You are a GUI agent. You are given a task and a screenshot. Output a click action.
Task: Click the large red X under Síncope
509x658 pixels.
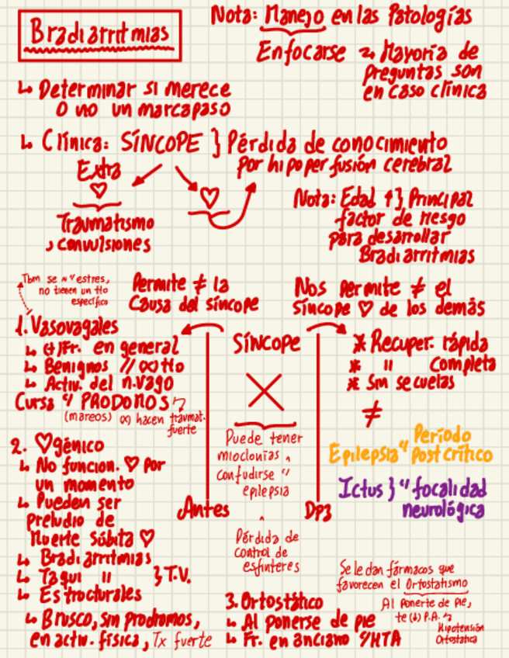[x=266, y=390]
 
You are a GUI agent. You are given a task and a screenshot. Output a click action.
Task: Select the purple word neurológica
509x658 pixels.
[x=443, y=510]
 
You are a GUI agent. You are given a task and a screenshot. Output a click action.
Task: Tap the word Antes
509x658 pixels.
[x=204, y=509]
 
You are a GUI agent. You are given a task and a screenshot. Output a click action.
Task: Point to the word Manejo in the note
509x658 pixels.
[x=295, y=16]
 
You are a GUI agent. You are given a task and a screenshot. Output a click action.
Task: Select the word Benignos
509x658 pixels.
[x=68, y=364]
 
